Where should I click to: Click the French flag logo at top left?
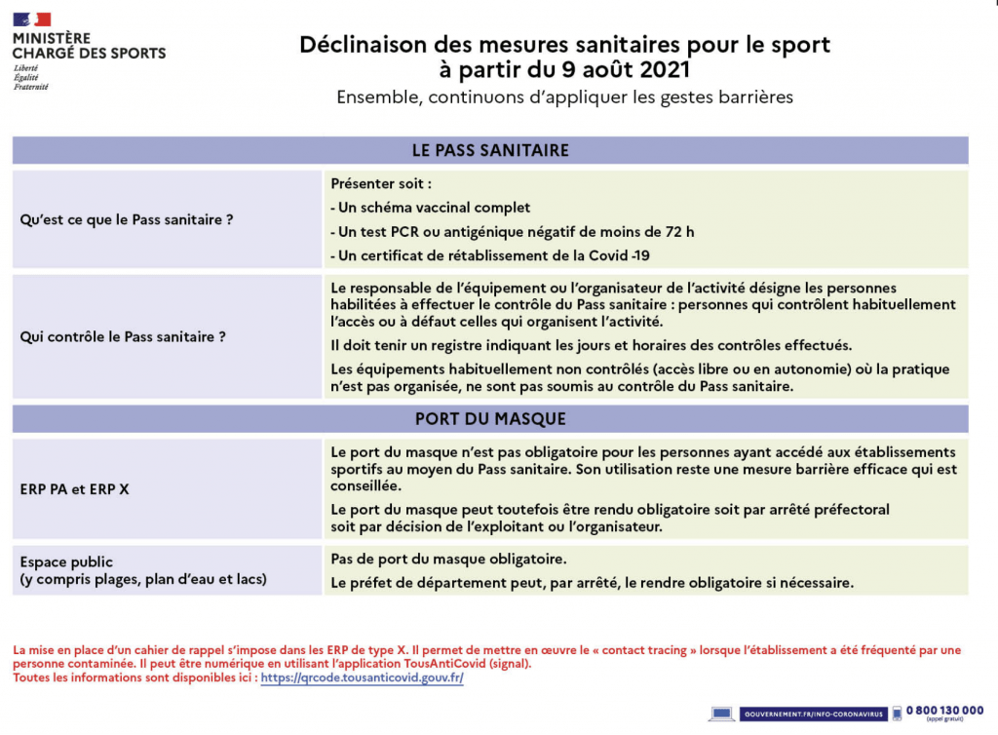tap(32, 19)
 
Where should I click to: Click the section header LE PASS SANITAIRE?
tap(490, 150)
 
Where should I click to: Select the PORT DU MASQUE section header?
tap(490, 419)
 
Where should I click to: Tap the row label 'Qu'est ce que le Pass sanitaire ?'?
tap(127, 220)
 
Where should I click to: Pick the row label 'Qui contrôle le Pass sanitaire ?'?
tap(124, 337)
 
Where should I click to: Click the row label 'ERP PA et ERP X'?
tap(75, 489)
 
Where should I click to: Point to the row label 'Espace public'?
tap(66, 562)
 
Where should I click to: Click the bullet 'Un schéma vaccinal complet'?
tap(431, 208)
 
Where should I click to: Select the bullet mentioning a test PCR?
tap(513, 232)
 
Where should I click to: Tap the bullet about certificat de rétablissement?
tap(490, 255)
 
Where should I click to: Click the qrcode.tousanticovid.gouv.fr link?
tap(363, 677)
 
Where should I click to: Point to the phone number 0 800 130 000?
tap(944, 711)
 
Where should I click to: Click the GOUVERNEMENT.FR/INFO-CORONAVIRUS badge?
tap(813, 715)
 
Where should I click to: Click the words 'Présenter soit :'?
tap(381, 183)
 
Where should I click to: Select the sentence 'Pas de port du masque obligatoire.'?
tap(448, 560)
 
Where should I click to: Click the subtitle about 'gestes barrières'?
tap(565, 97)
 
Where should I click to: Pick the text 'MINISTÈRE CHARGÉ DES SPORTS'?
tap(89, 46)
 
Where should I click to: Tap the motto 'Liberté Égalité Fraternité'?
tap(31, 78)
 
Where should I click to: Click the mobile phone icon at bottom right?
tap(897, 714)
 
